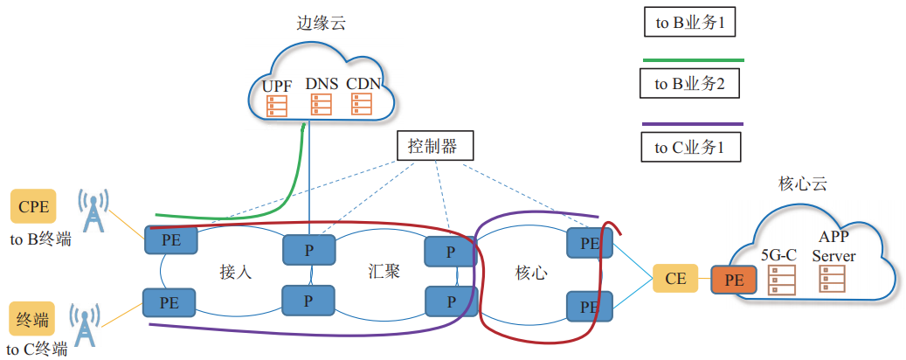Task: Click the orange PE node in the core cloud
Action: pos(735,279)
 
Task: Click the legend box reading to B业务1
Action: pos(690,24)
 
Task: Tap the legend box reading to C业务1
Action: pos(690,147)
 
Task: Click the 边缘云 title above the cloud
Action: pos(321,24)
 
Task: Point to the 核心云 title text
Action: pos(802,184)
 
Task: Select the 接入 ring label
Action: pos(236,272)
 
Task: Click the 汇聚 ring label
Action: pos(384,271)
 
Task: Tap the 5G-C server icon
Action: pos(776,280)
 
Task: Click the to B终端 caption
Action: pos(40,239)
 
